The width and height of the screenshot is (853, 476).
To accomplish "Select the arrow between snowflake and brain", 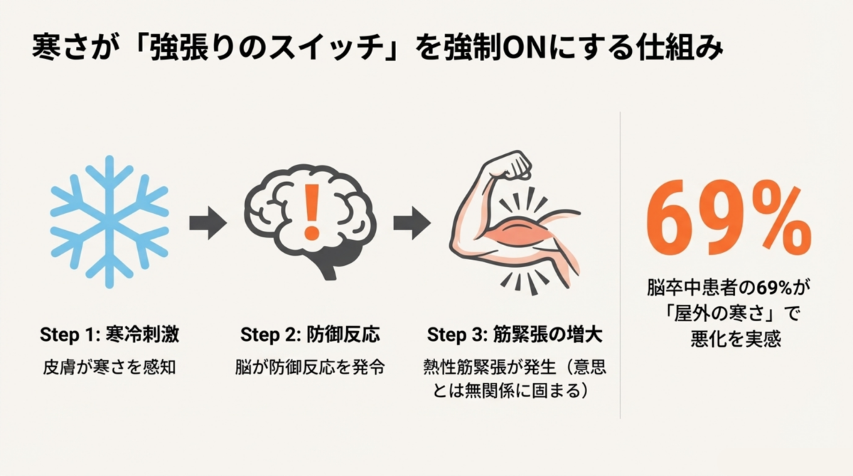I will click(x=208, y=222).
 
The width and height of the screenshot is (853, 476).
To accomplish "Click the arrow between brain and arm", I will click(x=412, y=222).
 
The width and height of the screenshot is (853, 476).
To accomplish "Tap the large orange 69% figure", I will click(x=728, y=222).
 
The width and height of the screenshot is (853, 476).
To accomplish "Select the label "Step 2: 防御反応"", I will click(x=309, y=334).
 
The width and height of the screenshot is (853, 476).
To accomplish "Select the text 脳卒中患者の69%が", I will click(x=729, y=288).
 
